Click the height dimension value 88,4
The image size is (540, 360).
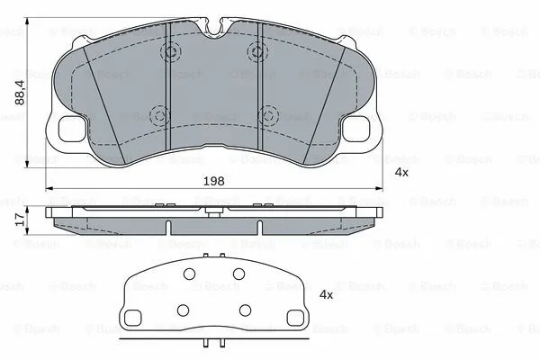pos(20,90)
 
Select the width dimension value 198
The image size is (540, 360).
pos(214,180)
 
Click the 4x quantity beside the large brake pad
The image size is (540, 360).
pos(400,172)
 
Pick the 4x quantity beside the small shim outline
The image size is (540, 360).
pos(327,294)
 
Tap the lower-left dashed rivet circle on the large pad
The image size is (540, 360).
pos(160,114)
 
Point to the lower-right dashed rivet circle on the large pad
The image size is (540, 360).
pos(267,114)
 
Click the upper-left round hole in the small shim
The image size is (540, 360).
pos(190,274)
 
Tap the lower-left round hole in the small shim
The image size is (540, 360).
pos(182,310)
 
